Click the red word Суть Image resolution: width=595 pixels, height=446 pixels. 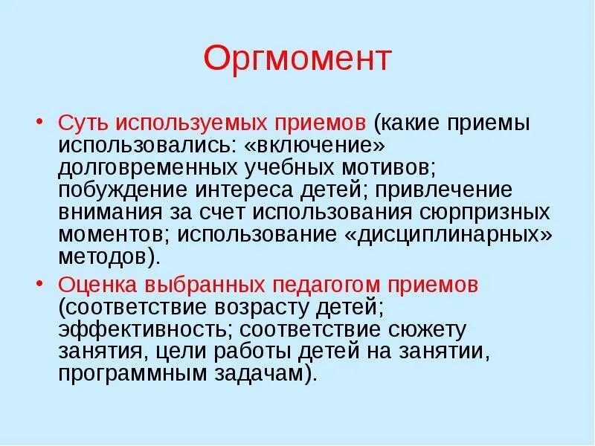pyautogui.click(x=84, y=123)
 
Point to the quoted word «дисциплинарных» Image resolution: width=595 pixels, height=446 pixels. pyautogui.click(x=447, y=234)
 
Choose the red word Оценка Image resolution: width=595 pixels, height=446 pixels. pyautogui.click(x=101, y=284)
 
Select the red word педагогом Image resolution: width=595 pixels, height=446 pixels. pyautogui.click(x=328, y=284)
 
